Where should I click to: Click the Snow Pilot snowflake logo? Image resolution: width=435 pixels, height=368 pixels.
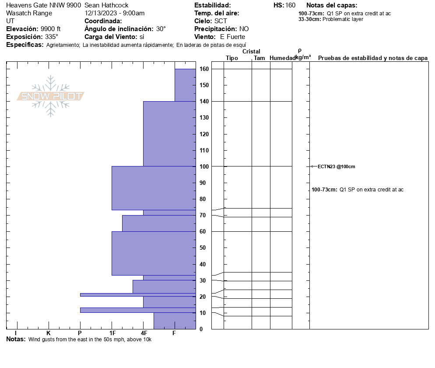[x=51, y=96]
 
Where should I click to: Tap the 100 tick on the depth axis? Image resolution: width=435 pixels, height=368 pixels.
[x=203, y=166]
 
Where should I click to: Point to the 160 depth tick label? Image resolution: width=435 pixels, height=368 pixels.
[x=203, y=69]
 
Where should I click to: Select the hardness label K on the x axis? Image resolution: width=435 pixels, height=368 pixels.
[x=48, y=333]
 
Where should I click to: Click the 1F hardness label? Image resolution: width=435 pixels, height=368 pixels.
[x=112, y=333]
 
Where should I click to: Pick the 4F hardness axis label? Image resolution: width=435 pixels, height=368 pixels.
[x=144, y=333]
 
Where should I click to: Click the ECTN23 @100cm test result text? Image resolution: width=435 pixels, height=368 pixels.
[x=336, y=166]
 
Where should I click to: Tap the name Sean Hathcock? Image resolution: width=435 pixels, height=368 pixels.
[x=106, y=5]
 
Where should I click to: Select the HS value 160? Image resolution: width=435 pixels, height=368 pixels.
[x=290, y=5]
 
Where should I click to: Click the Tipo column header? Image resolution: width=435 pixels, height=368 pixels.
[x=232, y=58]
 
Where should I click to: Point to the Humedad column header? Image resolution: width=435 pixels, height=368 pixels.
[x=282, y=58]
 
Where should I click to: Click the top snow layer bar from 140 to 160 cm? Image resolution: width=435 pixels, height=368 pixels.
[x=185, y=85]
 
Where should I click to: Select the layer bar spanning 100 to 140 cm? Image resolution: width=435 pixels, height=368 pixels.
[x=169, y=134]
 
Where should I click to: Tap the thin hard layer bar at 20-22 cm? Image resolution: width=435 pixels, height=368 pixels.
[x=137, y=295]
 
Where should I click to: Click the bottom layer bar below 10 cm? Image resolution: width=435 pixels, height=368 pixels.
[x=174, y=321]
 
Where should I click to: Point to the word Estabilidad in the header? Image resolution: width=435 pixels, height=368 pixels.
[x=212, y=5]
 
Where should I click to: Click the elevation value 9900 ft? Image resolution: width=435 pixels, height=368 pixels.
[x=50, y=29]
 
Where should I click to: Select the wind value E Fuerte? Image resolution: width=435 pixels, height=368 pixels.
[x=233, y=37]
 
